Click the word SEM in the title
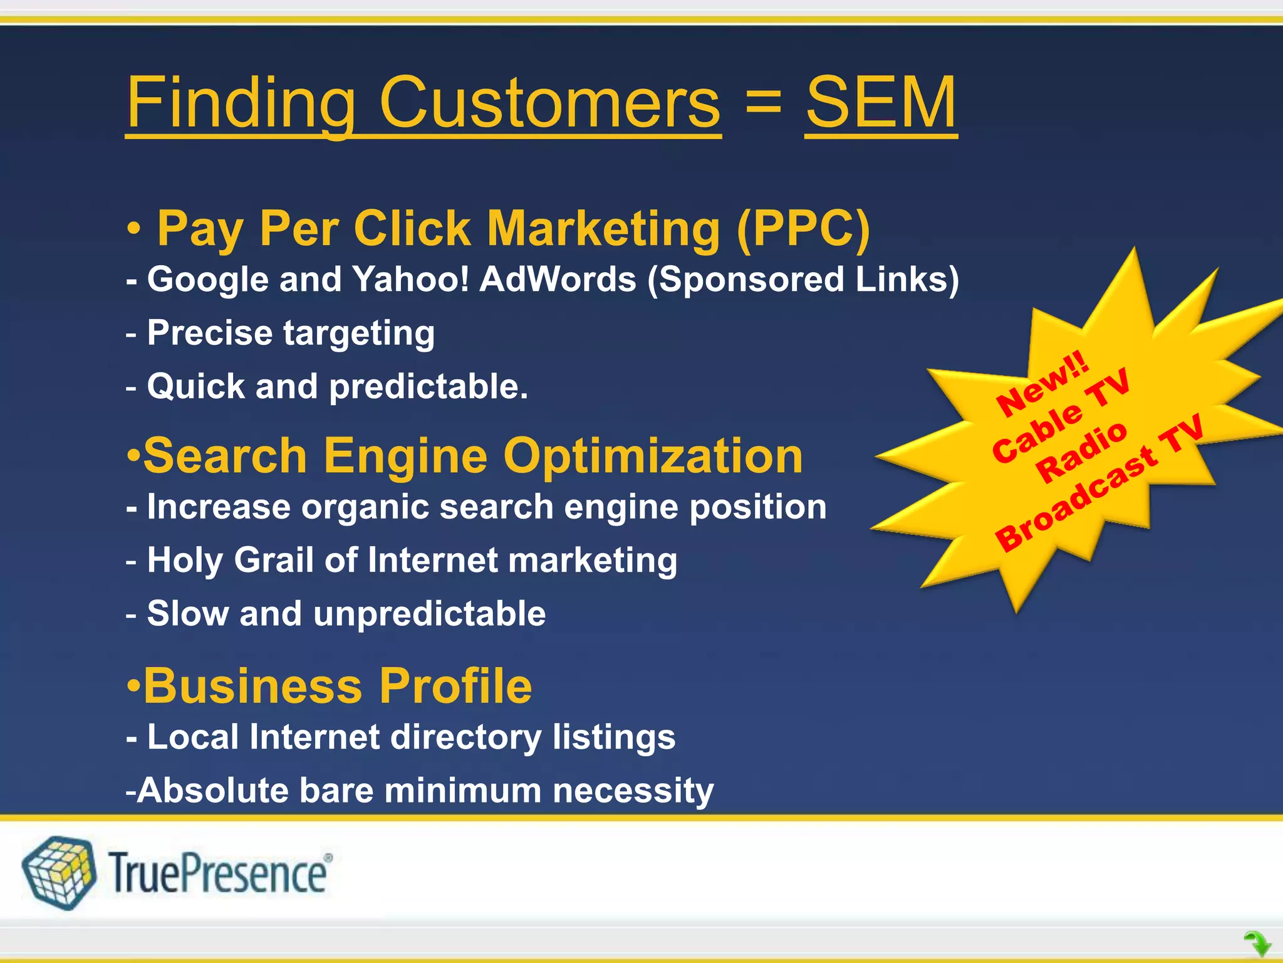point(881,102)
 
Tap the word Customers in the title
point(549,102)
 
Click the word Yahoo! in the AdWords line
point(410,279)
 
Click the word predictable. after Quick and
point(429,386)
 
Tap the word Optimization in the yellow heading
point(653,456)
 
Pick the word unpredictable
point(429,613)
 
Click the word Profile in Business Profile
point(455,686)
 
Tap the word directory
point(465,737)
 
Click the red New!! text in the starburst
point(1042,382)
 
